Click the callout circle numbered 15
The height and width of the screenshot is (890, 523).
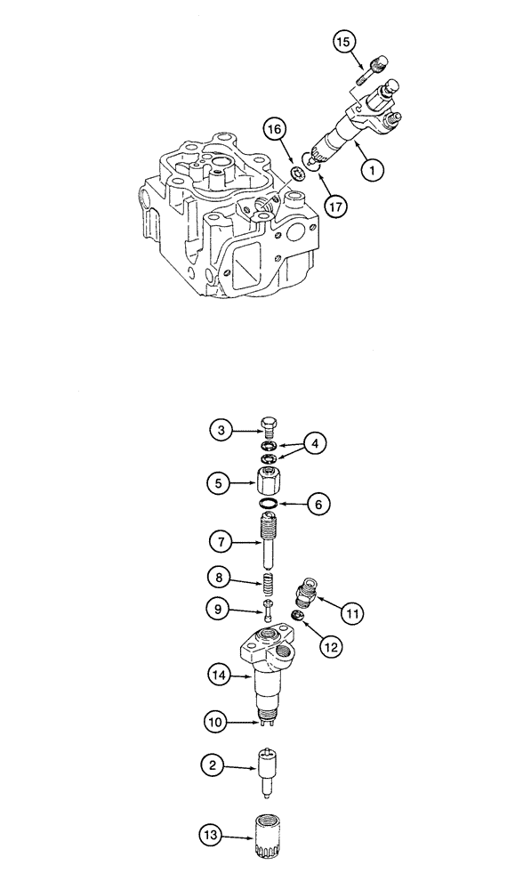tap(344, 41)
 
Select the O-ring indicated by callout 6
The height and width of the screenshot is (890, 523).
tap(268, 506)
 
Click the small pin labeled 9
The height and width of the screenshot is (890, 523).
tap(268, 611)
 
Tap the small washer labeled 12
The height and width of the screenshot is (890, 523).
tap(300, 616)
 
